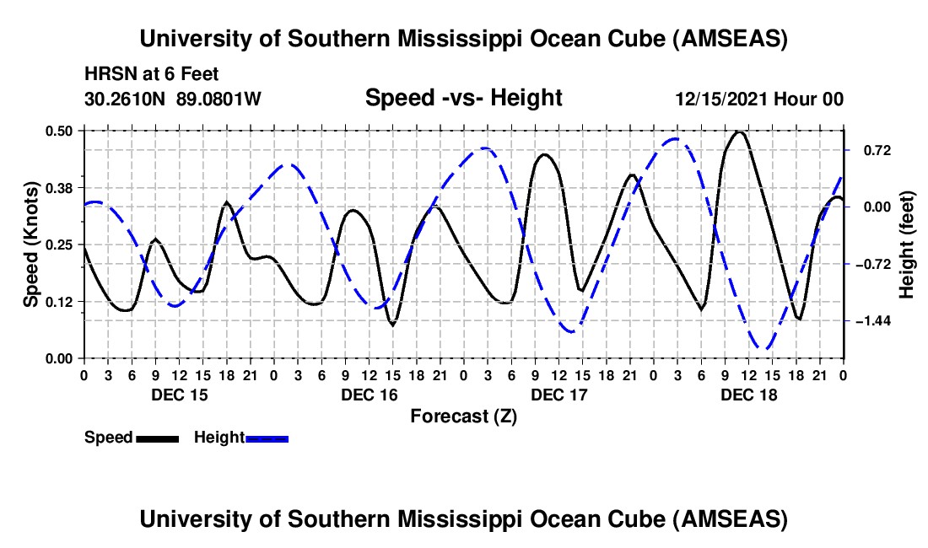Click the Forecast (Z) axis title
pyautogui.click(x=463, y=416)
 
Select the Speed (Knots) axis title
pyautogui.click(x=31, y=244)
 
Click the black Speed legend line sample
pyautogui.click(x=156, y=438)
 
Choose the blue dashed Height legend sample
pyautogui.click(x=267, y=438)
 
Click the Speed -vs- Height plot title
pyautogui.click(x=463, y=98)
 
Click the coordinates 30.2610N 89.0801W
pyautogui.click(x=173, y=99)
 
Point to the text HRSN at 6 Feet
pyautogui.click(x=152, y=74)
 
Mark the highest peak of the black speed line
pyautogui.click(x=740, y=132)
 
